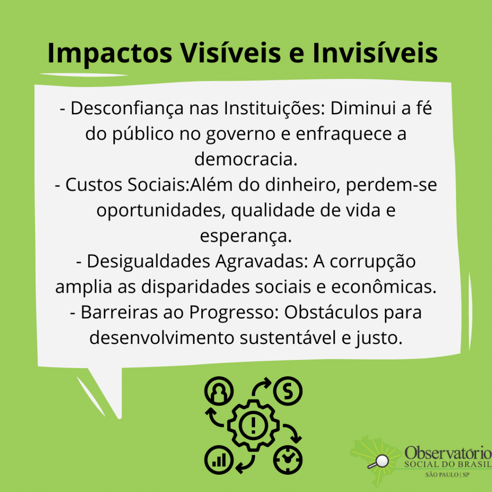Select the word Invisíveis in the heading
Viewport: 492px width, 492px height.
click(x=375, y=52)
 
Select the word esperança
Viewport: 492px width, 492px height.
click(x=246, y=236)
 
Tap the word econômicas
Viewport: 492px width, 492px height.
click(x=384, y=287)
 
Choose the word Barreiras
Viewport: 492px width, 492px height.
click(x=119, y=312)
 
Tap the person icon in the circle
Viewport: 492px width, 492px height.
click(x=219, y=391)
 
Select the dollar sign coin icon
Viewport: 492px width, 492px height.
click(x=288, y=391)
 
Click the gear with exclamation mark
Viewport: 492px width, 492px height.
click(x=253, y=426)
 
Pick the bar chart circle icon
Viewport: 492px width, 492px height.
click(x=219, y=460)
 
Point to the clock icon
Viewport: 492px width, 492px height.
click(x=288, y=460)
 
